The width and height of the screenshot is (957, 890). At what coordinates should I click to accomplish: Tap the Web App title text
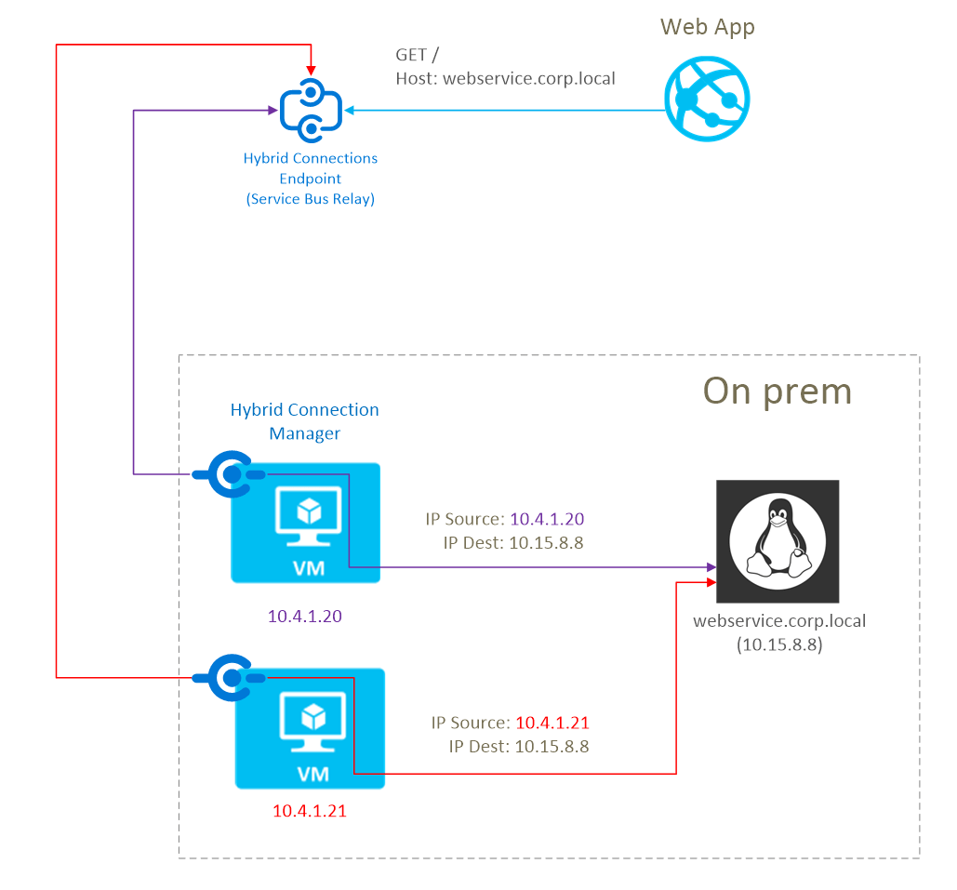tap(707, 26)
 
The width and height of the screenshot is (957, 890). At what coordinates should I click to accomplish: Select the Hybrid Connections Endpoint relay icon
tap(311, 111)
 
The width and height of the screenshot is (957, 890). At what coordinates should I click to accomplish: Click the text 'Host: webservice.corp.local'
tap(505, 79)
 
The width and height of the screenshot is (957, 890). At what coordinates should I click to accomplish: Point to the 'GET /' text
tap(415, 56)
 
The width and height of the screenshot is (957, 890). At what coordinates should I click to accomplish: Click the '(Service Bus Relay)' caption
tap(311, 198)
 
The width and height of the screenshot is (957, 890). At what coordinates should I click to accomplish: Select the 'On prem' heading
tap(777, 391)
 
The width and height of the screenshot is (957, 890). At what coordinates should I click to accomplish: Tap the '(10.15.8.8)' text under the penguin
tap(779, 644)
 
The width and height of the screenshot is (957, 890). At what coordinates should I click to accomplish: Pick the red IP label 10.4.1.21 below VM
tap(309, 811)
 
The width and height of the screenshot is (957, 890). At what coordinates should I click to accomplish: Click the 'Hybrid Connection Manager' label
tap(305, 421)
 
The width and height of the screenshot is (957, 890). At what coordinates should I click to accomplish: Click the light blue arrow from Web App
tap(502, 111)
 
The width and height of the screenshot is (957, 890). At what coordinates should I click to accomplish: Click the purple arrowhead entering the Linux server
tap(710, 567)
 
